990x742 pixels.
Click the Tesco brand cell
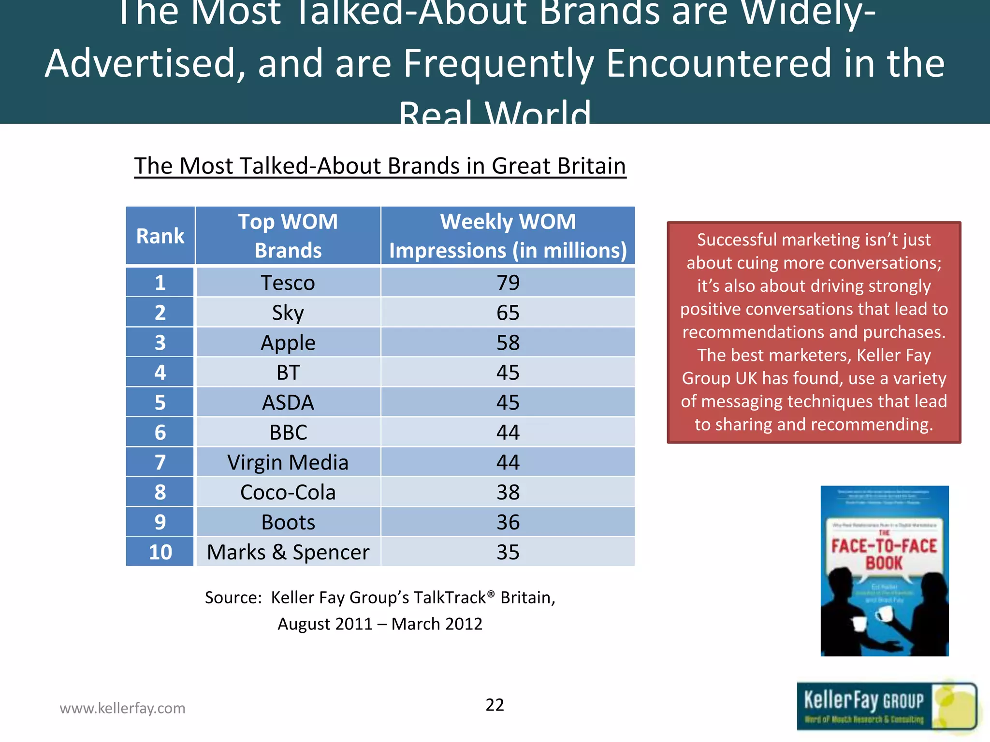288,283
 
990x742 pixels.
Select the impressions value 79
508,283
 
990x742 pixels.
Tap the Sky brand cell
288,313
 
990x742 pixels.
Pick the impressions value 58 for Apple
508,342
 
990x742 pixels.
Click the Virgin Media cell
288,462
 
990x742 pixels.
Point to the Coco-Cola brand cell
288,492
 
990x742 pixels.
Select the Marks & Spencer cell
288,552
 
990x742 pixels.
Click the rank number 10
160,552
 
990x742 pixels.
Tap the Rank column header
160,236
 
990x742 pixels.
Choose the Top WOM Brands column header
288,236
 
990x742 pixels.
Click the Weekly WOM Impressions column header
508,236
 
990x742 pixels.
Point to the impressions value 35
508,552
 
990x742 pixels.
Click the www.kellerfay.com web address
122,708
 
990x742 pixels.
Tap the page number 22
495,705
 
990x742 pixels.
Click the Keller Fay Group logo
886,706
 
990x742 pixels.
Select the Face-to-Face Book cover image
884,571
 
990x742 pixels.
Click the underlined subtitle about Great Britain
380,166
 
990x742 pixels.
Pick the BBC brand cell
288,432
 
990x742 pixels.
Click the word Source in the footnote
233,598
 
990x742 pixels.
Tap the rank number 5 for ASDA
160,402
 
